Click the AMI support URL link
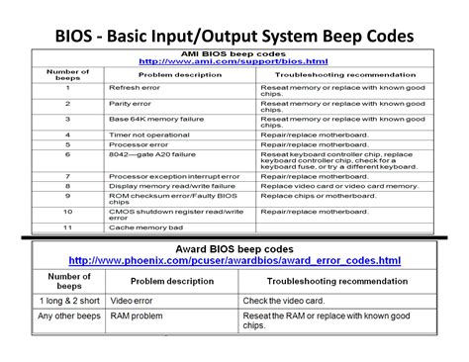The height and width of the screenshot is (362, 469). (234, 62)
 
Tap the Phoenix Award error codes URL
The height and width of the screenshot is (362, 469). (234, 259)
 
